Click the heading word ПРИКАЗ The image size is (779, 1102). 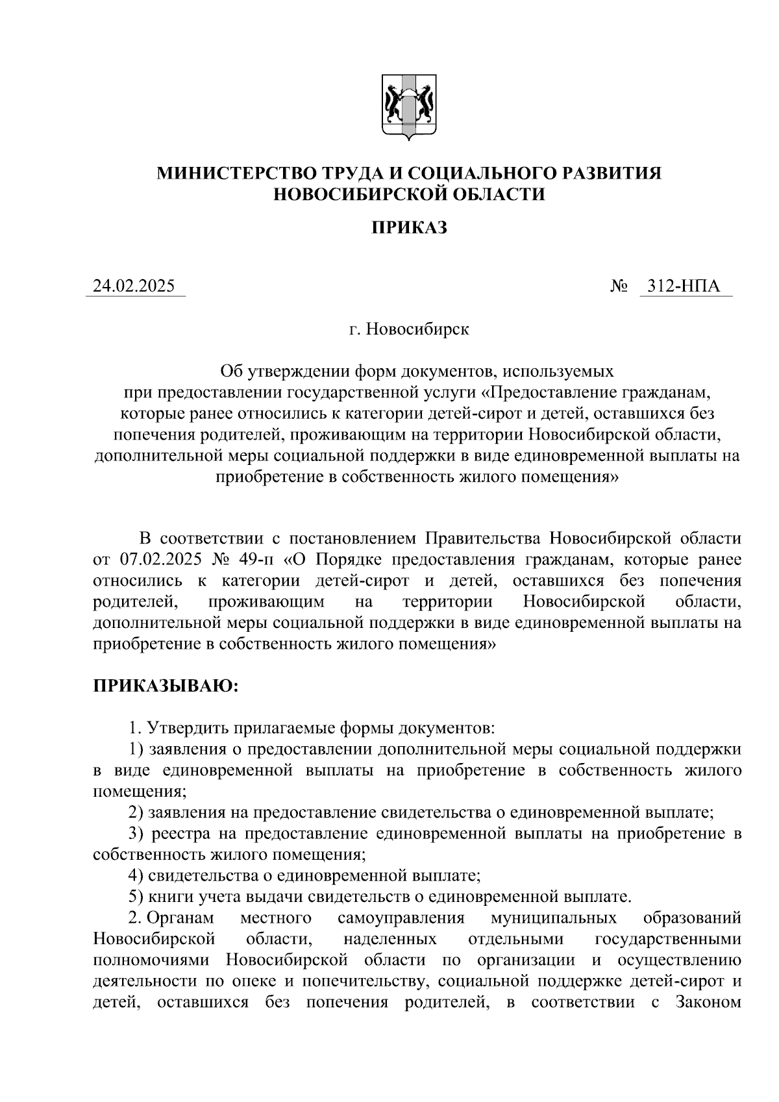409,228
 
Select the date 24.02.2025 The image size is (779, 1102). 134,286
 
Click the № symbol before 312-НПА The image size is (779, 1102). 619,286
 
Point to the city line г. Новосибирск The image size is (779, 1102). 409,329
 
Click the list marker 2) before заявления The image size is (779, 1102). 136,812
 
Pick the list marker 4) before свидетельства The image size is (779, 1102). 136,875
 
